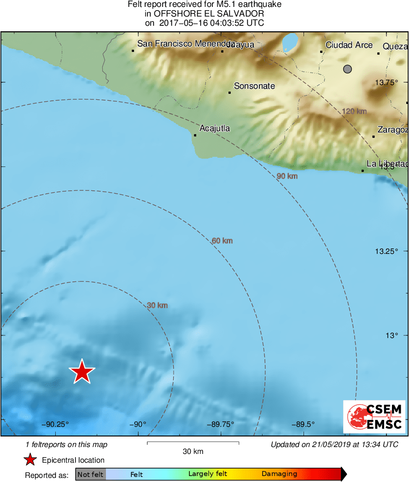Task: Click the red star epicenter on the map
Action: pos(82,372)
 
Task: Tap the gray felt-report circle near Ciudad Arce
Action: pos(347,69)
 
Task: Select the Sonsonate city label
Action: pos(254,86)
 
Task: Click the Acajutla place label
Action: pos(215,128)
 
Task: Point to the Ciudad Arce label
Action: pos(349,45)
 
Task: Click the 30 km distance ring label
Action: pos(157,305)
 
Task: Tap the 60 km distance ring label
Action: pos(222,241)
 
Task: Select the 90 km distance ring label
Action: pos(287,176)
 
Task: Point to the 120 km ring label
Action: pos(354,111)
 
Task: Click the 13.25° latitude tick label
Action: pos(386,251)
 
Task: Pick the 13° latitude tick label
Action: pos(391,336)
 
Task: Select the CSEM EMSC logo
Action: pos(374,417)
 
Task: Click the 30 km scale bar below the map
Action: pos(193,443)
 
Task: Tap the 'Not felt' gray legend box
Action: pos(91,474)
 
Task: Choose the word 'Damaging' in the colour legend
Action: pos(279,474)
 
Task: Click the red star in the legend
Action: pos(30,459)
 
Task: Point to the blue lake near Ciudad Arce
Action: pos(290,42)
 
